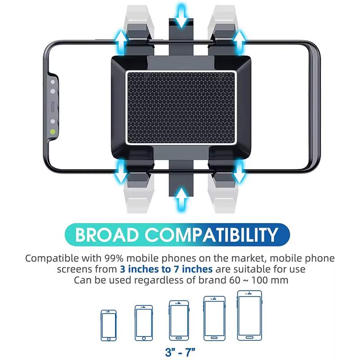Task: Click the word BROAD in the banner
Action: (107, 234)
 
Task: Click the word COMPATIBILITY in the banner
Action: (211, 234)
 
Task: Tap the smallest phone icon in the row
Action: (108, 325)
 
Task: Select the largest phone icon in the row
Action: (250, 315)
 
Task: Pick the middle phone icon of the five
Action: (179, 320)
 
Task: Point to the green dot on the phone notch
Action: (53, 132)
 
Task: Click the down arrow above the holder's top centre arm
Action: (181, 16)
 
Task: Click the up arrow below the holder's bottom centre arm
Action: (181, 200)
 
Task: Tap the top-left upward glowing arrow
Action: (121, 43)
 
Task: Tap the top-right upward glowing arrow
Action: (239, 43)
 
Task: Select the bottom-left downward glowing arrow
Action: (121, 172)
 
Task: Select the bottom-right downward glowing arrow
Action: (239, 172)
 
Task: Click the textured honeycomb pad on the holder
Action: (181, 108)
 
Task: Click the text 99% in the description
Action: (114, 258)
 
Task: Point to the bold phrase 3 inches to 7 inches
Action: (166, 269)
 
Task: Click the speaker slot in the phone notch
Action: (53, 107)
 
